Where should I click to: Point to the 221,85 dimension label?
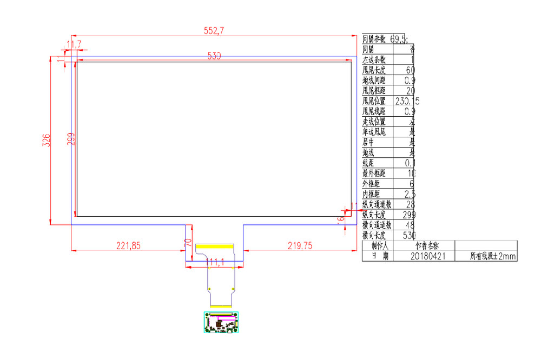click(x=128, y=245)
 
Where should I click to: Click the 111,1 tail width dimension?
click(x=215, y=262)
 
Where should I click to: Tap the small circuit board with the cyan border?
click(x=221, y=322)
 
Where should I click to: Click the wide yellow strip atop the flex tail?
click(x=215, y=246)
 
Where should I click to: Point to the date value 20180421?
click(x=428, y=256)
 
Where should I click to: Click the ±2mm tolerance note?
click(x=493, y=256)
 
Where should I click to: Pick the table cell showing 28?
click(x=410, y=205)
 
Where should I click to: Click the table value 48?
click(x=410, y=225)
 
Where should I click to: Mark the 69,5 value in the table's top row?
click(x=399, y=39)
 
